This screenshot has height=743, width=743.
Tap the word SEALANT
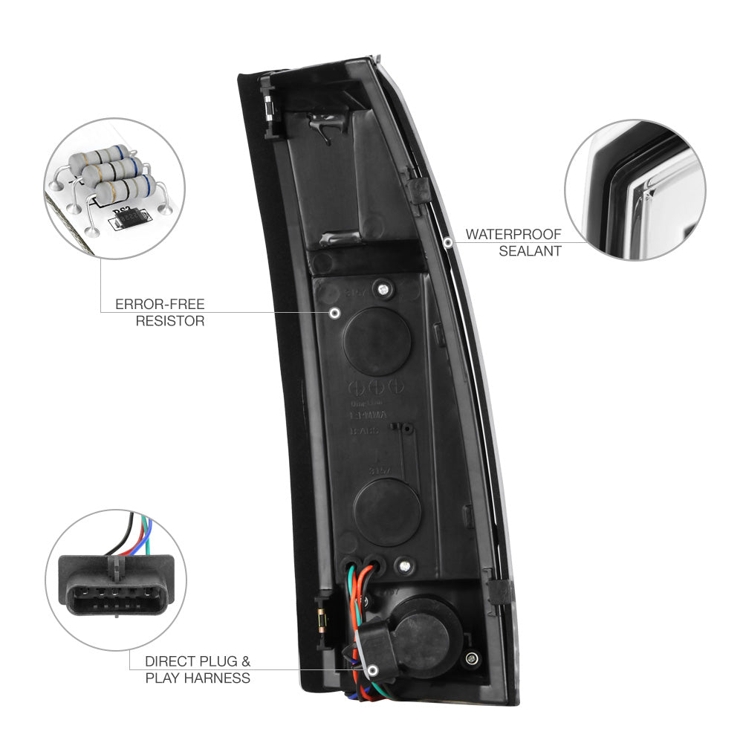[530, 251]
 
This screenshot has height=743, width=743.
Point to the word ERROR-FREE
[160, 305]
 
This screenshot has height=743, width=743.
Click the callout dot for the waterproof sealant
[447, 241]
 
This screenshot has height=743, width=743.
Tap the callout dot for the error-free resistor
[334, 313]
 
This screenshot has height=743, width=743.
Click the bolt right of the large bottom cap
[471, 658]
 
